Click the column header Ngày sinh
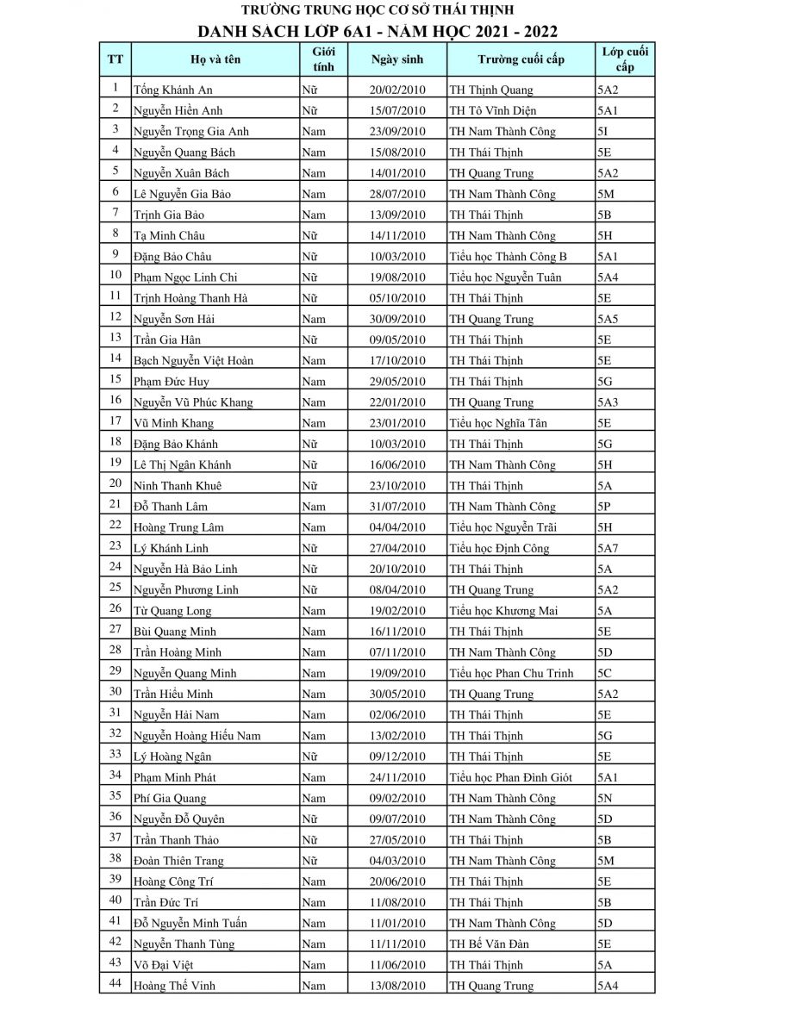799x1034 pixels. [x=397, y=59]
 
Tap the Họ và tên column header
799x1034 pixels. [x=215, y=59]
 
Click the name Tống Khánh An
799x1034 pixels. [x=173, y=90]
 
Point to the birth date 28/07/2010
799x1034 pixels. [x=397, y=194]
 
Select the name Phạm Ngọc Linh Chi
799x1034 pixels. [x=185, y=277]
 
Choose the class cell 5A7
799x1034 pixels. [x=608, y=548]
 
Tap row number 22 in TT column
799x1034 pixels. [x=115, y=526]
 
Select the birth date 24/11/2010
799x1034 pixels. [x=397, y=777]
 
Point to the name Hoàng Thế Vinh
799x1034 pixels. [x=174, y=986]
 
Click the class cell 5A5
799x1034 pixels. [x=608, y=319]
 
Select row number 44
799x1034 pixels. [x=115, y=984]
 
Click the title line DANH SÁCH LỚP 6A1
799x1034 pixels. [x=378, y=32]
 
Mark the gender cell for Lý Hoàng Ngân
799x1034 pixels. [x=309, y=757]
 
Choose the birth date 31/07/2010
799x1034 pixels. [x=397, y=507]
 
